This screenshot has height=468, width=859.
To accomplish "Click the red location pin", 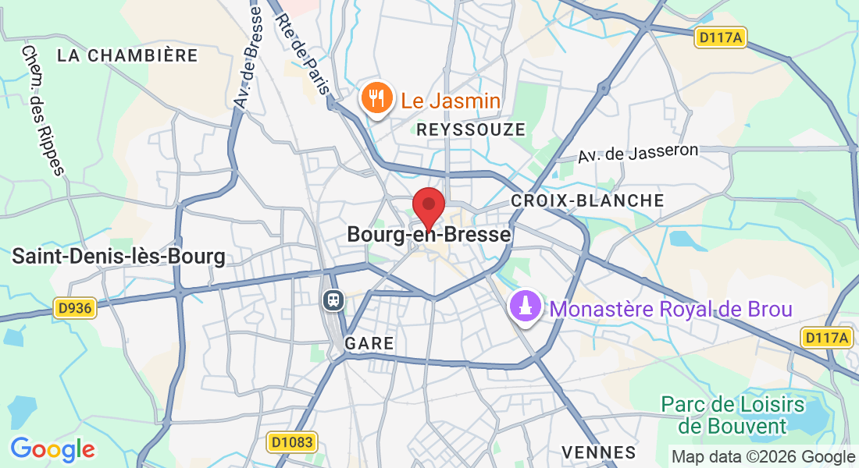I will click(428, 206).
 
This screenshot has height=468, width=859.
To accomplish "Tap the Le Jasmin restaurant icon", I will click(376, 99).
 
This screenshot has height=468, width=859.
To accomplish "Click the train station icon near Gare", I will click(333, 300).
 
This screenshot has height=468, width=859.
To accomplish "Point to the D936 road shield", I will click(75, 308).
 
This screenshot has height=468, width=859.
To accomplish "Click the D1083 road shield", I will click(292, 442).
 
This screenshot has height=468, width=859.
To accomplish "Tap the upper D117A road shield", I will click(719, 37).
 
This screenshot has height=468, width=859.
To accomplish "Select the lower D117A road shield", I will click(826, 337).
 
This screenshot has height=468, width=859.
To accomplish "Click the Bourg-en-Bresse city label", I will click(429, 234).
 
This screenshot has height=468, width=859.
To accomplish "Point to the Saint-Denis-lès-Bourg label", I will click(119, 256).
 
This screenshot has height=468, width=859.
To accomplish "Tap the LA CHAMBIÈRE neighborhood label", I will click(128, 55).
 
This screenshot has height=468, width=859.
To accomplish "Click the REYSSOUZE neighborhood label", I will click(472, 129).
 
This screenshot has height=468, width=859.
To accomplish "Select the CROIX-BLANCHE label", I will click(587, 200).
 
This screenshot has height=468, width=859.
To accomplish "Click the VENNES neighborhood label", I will click(599, 452).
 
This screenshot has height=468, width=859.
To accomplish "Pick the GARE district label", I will click(369, 343).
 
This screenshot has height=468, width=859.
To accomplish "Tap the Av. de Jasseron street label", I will click(638, 152).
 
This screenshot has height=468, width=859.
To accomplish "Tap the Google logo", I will click(52, 449).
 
